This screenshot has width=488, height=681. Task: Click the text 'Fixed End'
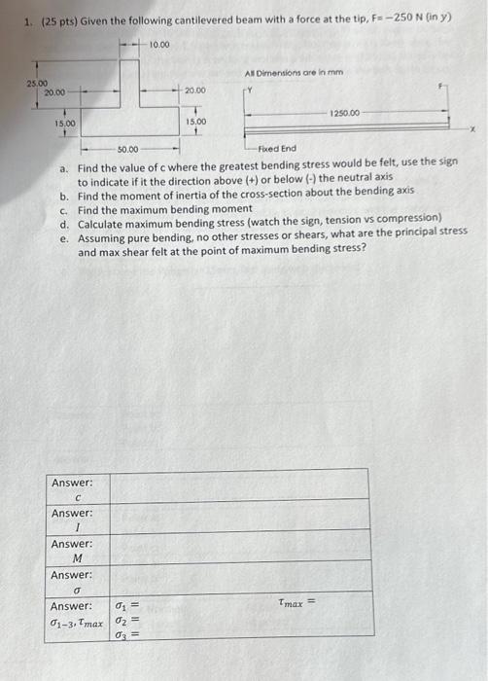[x=277, y=148]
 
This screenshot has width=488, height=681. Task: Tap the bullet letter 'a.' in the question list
[x=63, y=167]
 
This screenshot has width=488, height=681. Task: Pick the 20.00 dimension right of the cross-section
[x=195, y=91]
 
